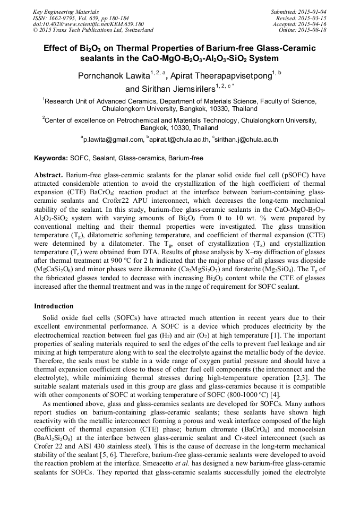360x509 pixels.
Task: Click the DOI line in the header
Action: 88,24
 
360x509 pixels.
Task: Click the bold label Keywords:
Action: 51,158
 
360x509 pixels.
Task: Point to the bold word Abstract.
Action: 48,175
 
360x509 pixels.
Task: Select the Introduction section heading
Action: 54,306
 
